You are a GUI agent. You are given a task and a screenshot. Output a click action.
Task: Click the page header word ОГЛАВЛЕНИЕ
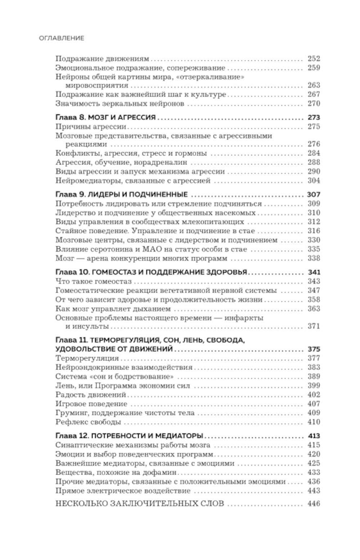pyautogui.click(x=61, y=38)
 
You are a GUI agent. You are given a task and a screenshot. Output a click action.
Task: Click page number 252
pyautogui.click(x=314, y=59)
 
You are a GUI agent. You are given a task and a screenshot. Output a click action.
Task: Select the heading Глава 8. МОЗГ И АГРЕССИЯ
pyautogui.click(x=106, y=117)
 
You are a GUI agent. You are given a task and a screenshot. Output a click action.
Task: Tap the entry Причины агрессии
pyautogui.click(x=91, y=126)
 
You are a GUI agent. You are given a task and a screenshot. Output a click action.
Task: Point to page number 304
pyautogui.click(x=314, y=181)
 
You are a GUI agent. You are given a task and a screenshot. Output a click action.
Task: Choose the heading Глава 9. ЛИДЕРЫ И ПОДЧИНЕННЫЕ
pyautogui.click(x=122, y=194)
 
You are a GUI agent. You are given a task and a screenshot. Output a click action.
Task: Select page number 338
pyautogui.click(x=314, y=258)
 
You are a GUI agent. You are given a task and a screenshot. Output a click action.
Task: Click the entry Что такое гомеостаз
pyautogui.click(x=94, y=281)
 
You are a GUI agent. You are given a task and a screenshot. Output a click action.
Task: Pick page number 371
pyautogui.click(x=314, y=327)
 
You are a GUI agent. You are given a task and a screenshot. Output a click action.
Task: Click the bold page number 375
pyautogui.click(x=314, y=349)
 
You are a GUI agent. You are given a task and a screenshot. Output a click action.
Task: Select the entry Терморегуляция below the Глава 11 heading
pyautogui.click(x=87, y=358)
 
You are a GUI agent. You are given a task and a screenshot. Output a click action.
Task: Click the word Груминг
pyautogui.click(x=70, y=413)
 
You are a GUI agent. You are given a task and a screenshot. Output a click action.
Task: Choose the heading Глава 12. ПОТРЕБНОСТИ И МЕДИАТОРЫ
pyautogui.click(x=129, y=436)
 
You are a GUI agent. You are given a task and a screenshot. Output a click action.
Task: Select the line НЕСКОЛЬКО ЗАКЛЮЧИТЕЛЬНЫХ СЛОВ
pyautogui.click(x=140, y=503)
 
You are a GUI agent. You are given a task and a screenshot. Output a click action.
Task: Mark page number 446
pyautogui.click(x=314, y=503)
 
